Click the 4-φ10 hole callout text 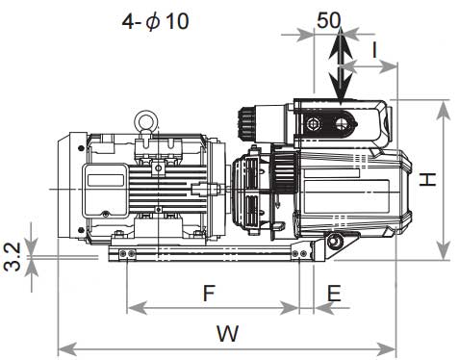155,21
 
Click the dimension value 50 328,20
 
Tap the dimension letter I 374,50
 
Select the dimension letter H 428,179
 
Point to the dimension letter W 228,333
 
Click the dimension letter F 209,293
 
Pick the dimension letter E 334,293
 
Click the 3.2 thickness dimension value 13,257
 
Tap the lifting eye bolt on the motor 145,123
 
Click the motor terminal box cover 105,190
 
